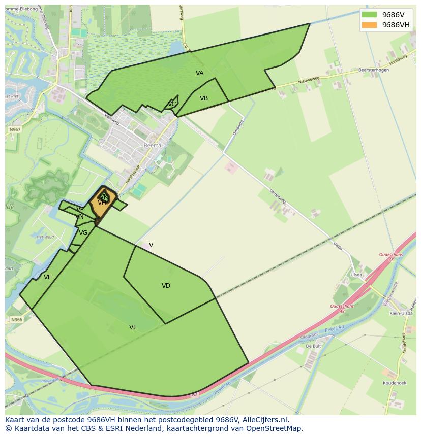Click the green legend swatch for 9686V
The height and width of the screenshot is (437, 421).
(x=369, y=15)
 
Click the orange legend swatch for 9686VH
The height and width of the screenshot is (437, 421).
(x=369, y=25)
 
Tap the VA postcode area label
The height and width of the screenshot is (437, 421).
(x=200, y=73)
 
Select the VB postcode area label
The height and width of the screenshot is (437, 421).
(x=204, y=98)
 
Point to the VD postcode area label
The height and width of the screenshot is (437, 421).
(x=166, y=286)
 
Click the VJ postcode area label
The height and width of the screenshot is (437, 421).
(x=132, y=327)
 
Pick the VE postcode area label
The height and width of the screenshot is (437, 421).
(x=48, y=277)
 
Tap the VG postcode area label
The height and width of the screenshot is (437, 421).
(x=83, y=233)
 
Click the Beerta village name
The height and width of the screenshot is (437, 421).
(x=153, y=145)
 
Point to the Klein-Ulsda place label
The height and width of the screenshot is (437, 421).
(x=401, y=314)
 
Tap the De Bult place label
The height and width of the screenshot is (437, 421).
(x=313, y=346)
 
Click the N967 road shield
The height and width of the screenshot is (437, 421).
(x=15, y=130)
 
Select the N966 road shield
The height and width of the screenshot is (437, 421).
(x=16, y=320)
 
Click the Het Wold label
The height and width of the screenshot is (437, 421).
(x=46, y=237)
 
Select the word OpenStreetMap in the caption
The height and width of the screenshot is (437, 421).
(x=274, y=429)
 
